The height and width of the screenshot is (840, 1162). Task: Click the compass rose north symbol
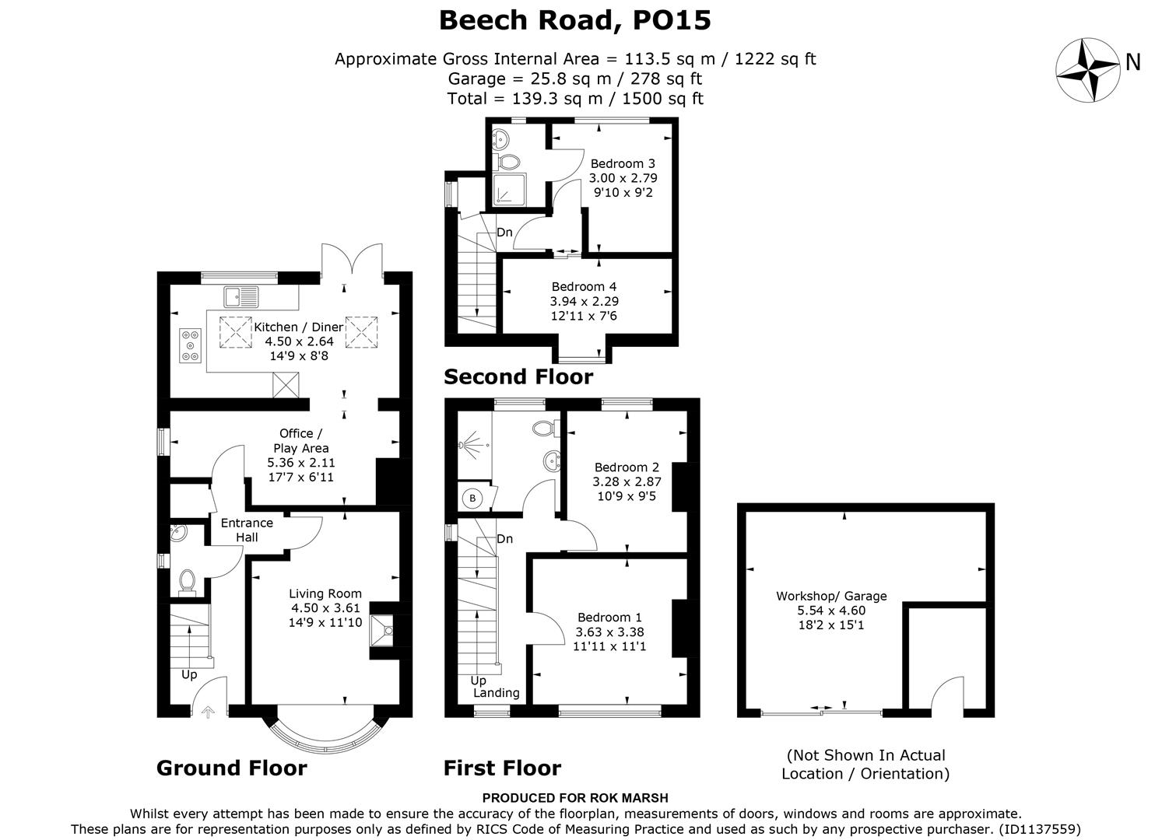1087,69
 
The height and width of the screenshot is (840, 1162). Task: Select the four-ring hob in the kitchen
190,345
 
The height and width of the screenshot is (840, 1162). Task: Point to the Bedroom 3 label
623,163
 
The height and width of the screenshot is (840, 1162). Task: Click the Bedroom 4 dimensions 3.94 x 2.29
584,301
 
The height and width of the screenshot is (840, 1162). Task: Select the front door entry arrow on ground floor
208,710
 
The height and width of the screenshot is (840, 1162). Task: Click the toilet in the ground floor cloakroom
187,580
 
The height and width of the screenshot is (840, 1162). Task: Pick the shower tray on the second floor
509,191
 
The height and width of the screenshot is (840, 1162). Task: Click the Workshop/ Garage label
831,596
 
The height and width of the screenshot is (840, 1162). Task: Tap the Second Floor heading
518,377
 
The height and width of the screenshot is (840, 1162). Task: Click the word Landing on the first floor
497,693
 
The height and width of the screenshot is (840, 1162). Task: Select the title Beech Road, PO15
574,20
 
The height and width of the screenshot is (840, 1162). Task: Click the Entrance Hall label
247,530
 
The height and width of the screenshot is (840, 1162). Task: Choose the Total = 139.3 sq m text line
574,99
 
